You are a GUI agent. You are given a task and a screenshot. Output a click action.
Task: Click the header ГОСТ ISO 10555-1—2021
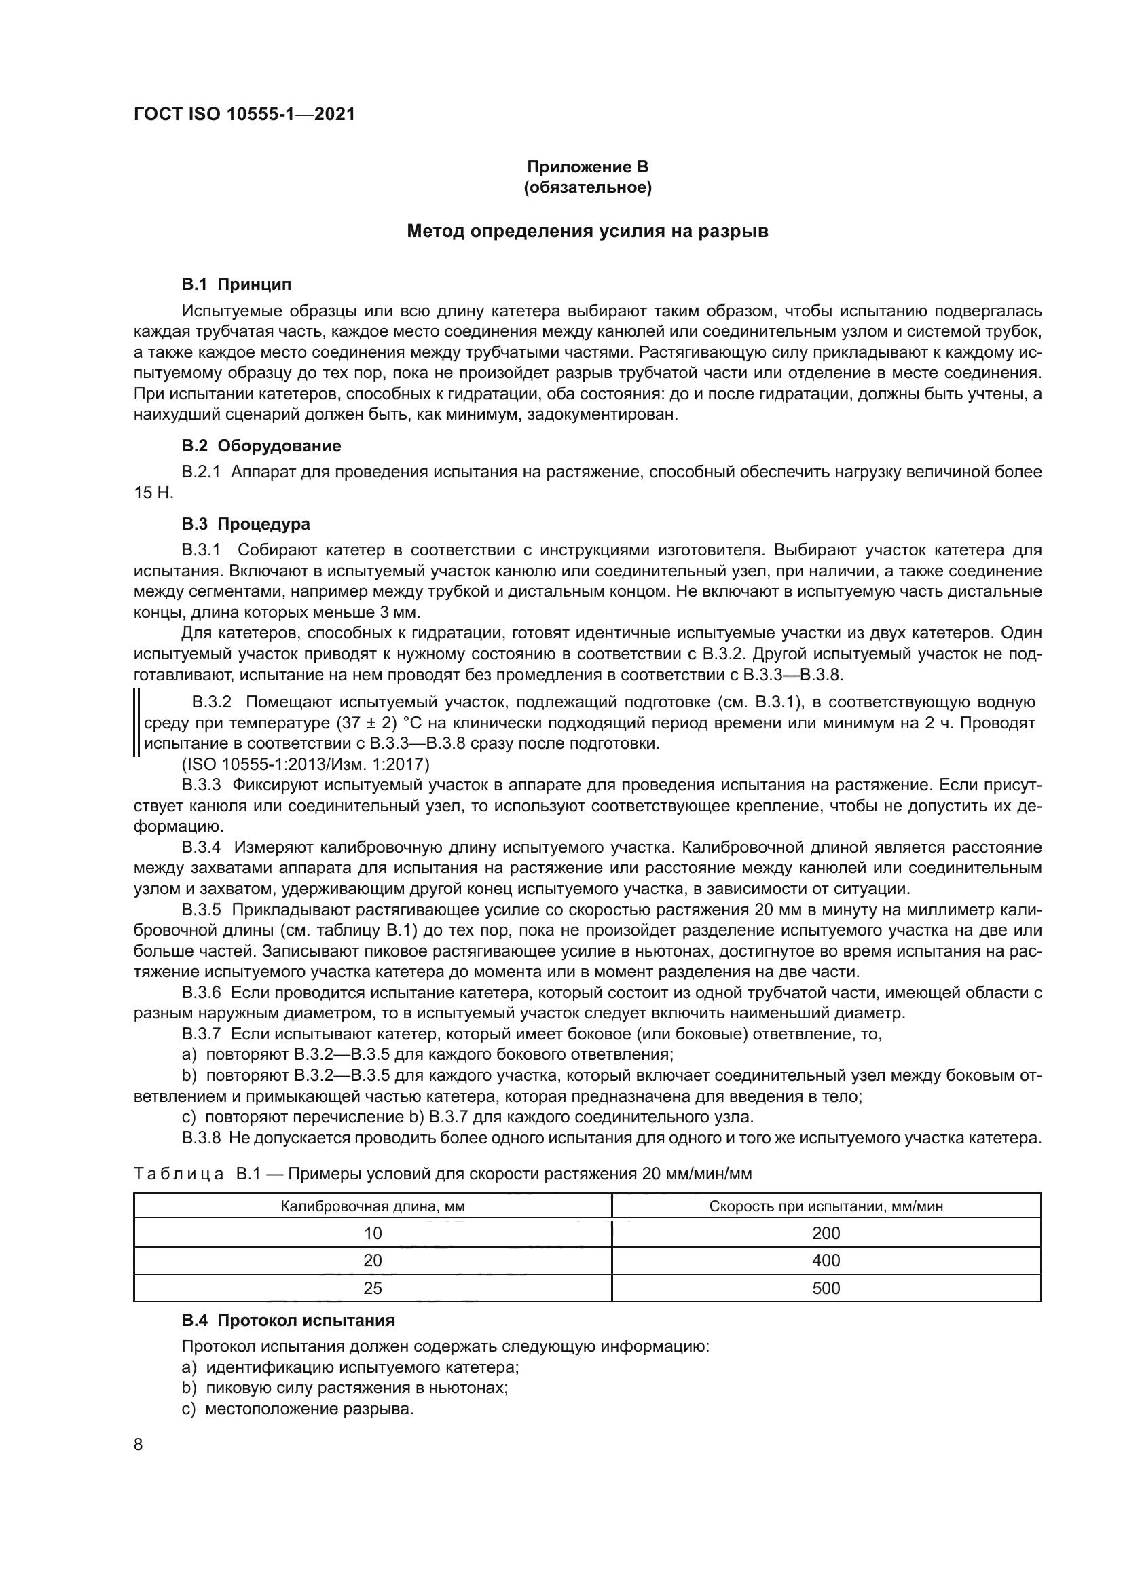click(244, 114)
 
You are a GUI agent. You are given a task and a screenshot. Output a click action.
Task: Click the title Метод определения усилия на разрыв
click(587, 231)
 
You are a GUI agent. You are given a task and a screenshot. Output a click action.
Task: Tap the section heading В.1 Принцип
click(236, 284)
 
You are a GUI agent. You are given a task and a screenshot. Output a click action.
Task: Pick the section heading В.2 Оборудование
click(261, 446)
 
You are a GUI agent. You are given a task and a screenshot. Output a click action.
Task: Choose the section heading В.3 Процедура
click(246, 524)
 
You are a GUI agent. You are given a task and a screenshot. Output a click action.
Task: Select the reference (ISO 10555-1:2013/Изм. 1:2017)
click(305, 765)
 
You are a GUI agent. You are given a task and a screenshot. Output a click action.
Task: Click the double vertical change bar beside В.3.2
click(137, 723)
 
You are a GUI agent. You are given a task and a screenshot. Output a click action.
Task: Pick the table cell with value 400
click(826, 1260)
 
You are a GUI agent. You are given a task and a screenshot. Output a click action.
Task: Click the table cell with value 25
click(372, 1288)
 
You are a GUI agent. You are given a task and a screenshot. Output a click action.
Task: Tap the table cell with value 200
click(826, 1233)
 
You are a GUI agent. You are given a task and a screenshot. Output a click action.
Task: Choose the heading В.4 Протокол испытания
click(288, 1321)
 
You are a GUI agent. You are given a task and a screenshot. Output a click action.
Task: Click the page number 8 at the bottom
click(139, 1445)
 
